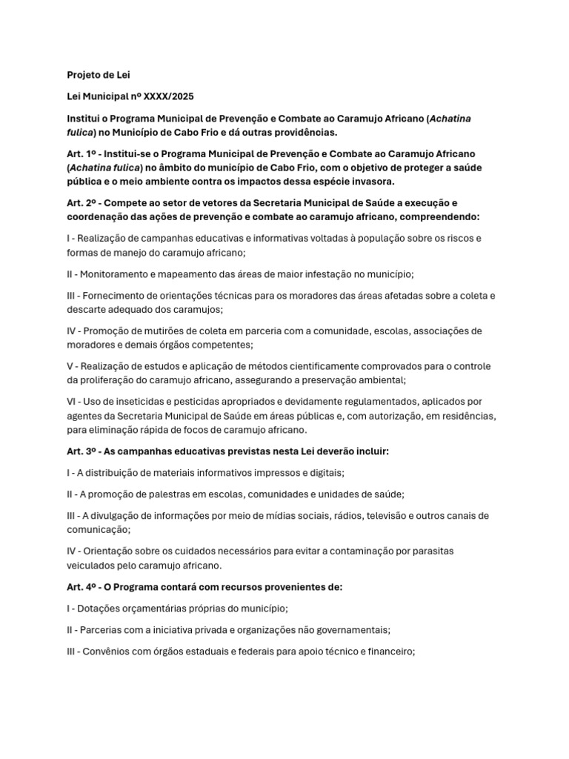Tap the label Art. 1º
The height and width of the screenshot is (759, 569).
coord(81,153)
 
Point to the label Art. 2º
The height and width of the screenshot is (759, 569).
coord(81,202)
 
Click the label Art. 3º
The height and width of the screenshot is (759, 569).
coord(81,451)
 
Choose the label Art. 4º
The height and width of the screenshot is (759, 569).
coord(81,587)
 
